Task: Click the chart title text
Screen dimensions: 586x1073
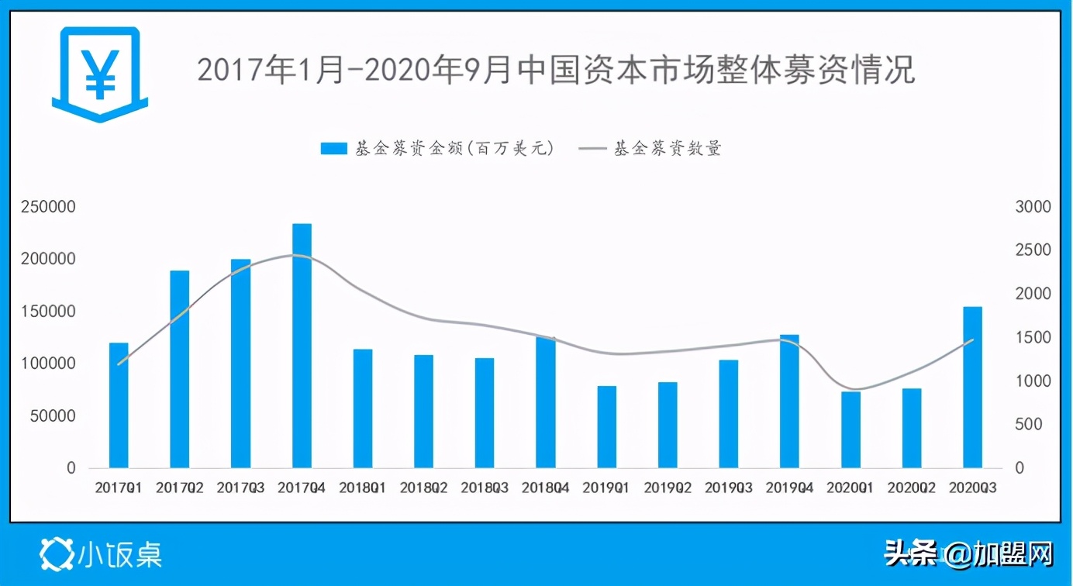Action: pyautogui.click(x=556, y=70)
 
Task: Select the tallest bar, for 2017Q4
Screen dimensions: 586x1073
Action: pyautogui.click(x=302, y=345)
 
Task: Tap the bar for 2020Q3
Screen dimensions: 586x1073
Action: pyautogui.click(x=972, y=387)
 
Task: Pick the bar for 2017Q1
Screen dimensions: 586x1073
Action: pyautogui.click(x=119, y=405)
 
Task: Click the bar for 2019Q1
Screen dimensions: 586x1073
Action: pyautogui.click(x=606, y=426)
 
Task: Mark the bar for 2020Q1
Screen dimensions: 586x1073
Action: pyautogui.click(x=850, y=429)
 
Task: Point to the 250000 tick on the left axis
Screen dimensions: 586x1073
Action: pyautogui.click(x=49, y=207)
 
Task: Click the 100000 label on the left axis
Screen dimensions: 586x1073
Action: pyautogui.click(x=49, y=364)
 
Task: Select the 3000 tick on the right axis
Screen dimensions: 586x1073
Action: pyautogui.click(x=1031, y=207)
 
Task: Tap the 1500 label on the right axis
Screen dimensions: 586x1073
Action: pyautogui.click(x=1031, y=338)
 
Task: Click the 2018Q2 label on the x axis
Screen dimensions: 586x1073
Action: pyautogui.click(x=423, y=488)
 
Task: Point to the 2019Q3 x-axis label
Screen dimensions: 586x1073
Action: pyautogui.click(x=728, y=488)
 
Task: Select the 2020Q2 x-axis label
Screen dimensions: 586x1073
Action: pyautogui.click(x=911, y=488)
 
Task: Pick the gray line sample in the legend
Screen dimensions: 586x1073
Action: pyautogui.click(x=593, y=149)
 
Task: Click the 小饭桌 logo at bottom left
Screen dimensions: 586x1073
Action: pyautogui.click(x=102, y=554)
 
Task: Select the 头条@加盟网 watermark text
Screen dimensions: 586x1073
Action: pyautogui.click(x=969, y=553)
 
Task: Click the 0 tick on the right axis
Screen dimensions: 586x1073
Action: pyautogui.click(x=1020, y=468)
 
